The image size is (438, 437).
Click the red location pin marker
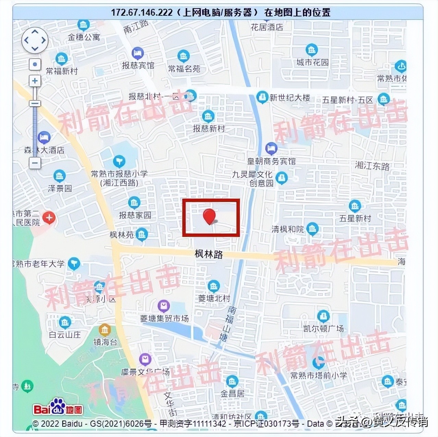click(209, 216)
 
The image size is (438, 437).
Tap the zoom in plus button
click(35, 81)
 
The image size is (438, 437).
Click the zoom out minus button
click(35, 163)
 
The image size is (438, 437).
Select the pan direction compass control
click(35, 40)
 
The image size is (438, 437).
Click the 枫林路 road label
click(209, 254)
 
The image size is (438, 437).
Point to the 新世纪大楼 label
click(290, 98)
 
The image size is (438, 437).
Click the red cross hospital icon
click(49, 217)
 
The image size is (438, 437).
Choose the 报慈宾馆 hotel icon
click(137, 53)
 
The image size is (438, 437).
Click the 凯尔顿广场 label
click(323, 328)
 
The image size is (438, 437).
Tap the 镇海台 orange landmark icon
click(105, 330)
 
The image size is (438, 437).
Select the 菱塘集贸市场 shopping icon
click(163, 305)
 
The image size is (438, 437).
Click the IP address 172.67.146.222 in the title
click(142, 13)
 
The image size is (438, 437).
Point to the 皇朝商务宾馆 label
click(271, 161)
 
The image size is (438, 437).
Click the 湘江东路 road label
click(372, 166)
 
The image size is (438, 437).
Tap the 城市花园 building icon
click(312, 50)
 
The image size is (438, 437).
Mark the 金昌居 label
click(232, 394)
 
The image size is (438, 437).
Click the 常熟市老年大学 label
click(38, 264)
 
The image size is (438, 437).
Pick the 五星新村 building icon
click(355, 206)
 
